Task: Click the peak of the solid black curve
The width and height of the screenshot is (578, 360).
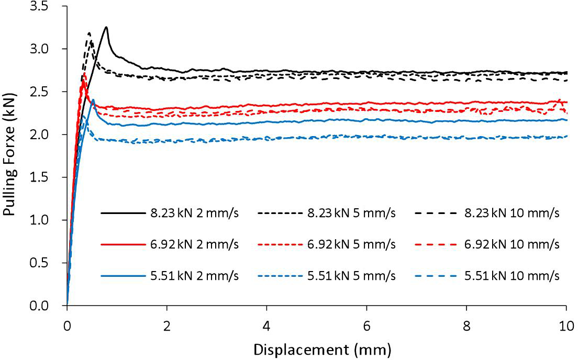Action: [x=106, y=27]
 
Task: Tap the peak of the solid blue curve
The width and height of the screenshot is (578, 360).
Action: [x=93, y=100]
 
